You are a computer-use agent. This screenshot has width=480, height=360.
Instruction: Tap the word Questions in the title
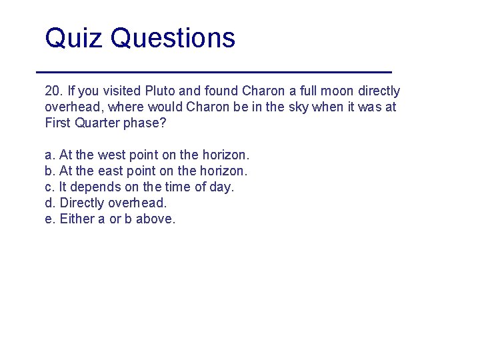coord(173,38)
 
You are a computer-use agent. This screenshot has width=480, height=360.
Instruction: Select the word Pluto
coord(161,91)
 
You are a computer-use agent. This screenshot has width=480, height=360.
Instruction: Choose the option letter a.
coord(49,155)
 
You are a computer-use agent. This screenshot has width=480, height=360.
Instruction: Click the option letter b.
coord(49,171)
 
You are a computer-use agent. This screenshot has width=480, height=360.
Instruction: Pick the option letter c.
coord(49,187)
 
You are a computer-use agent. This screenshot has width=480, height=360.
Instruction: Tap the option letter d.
coord(49,203)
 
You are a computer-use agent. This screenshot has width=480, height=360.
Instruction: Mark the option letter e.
coord(49,219)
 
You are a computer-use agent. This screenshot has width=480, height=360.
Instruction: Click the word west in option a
coord(111,155)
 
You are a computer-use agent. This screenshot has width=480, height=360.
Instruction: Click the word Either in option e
coord(77,219)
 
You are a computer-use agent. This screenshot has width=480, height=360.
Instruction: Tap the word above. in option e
coord(155,219)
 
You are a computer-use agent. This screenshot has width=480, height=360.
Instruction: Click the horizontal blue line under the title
coord(213,71)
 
